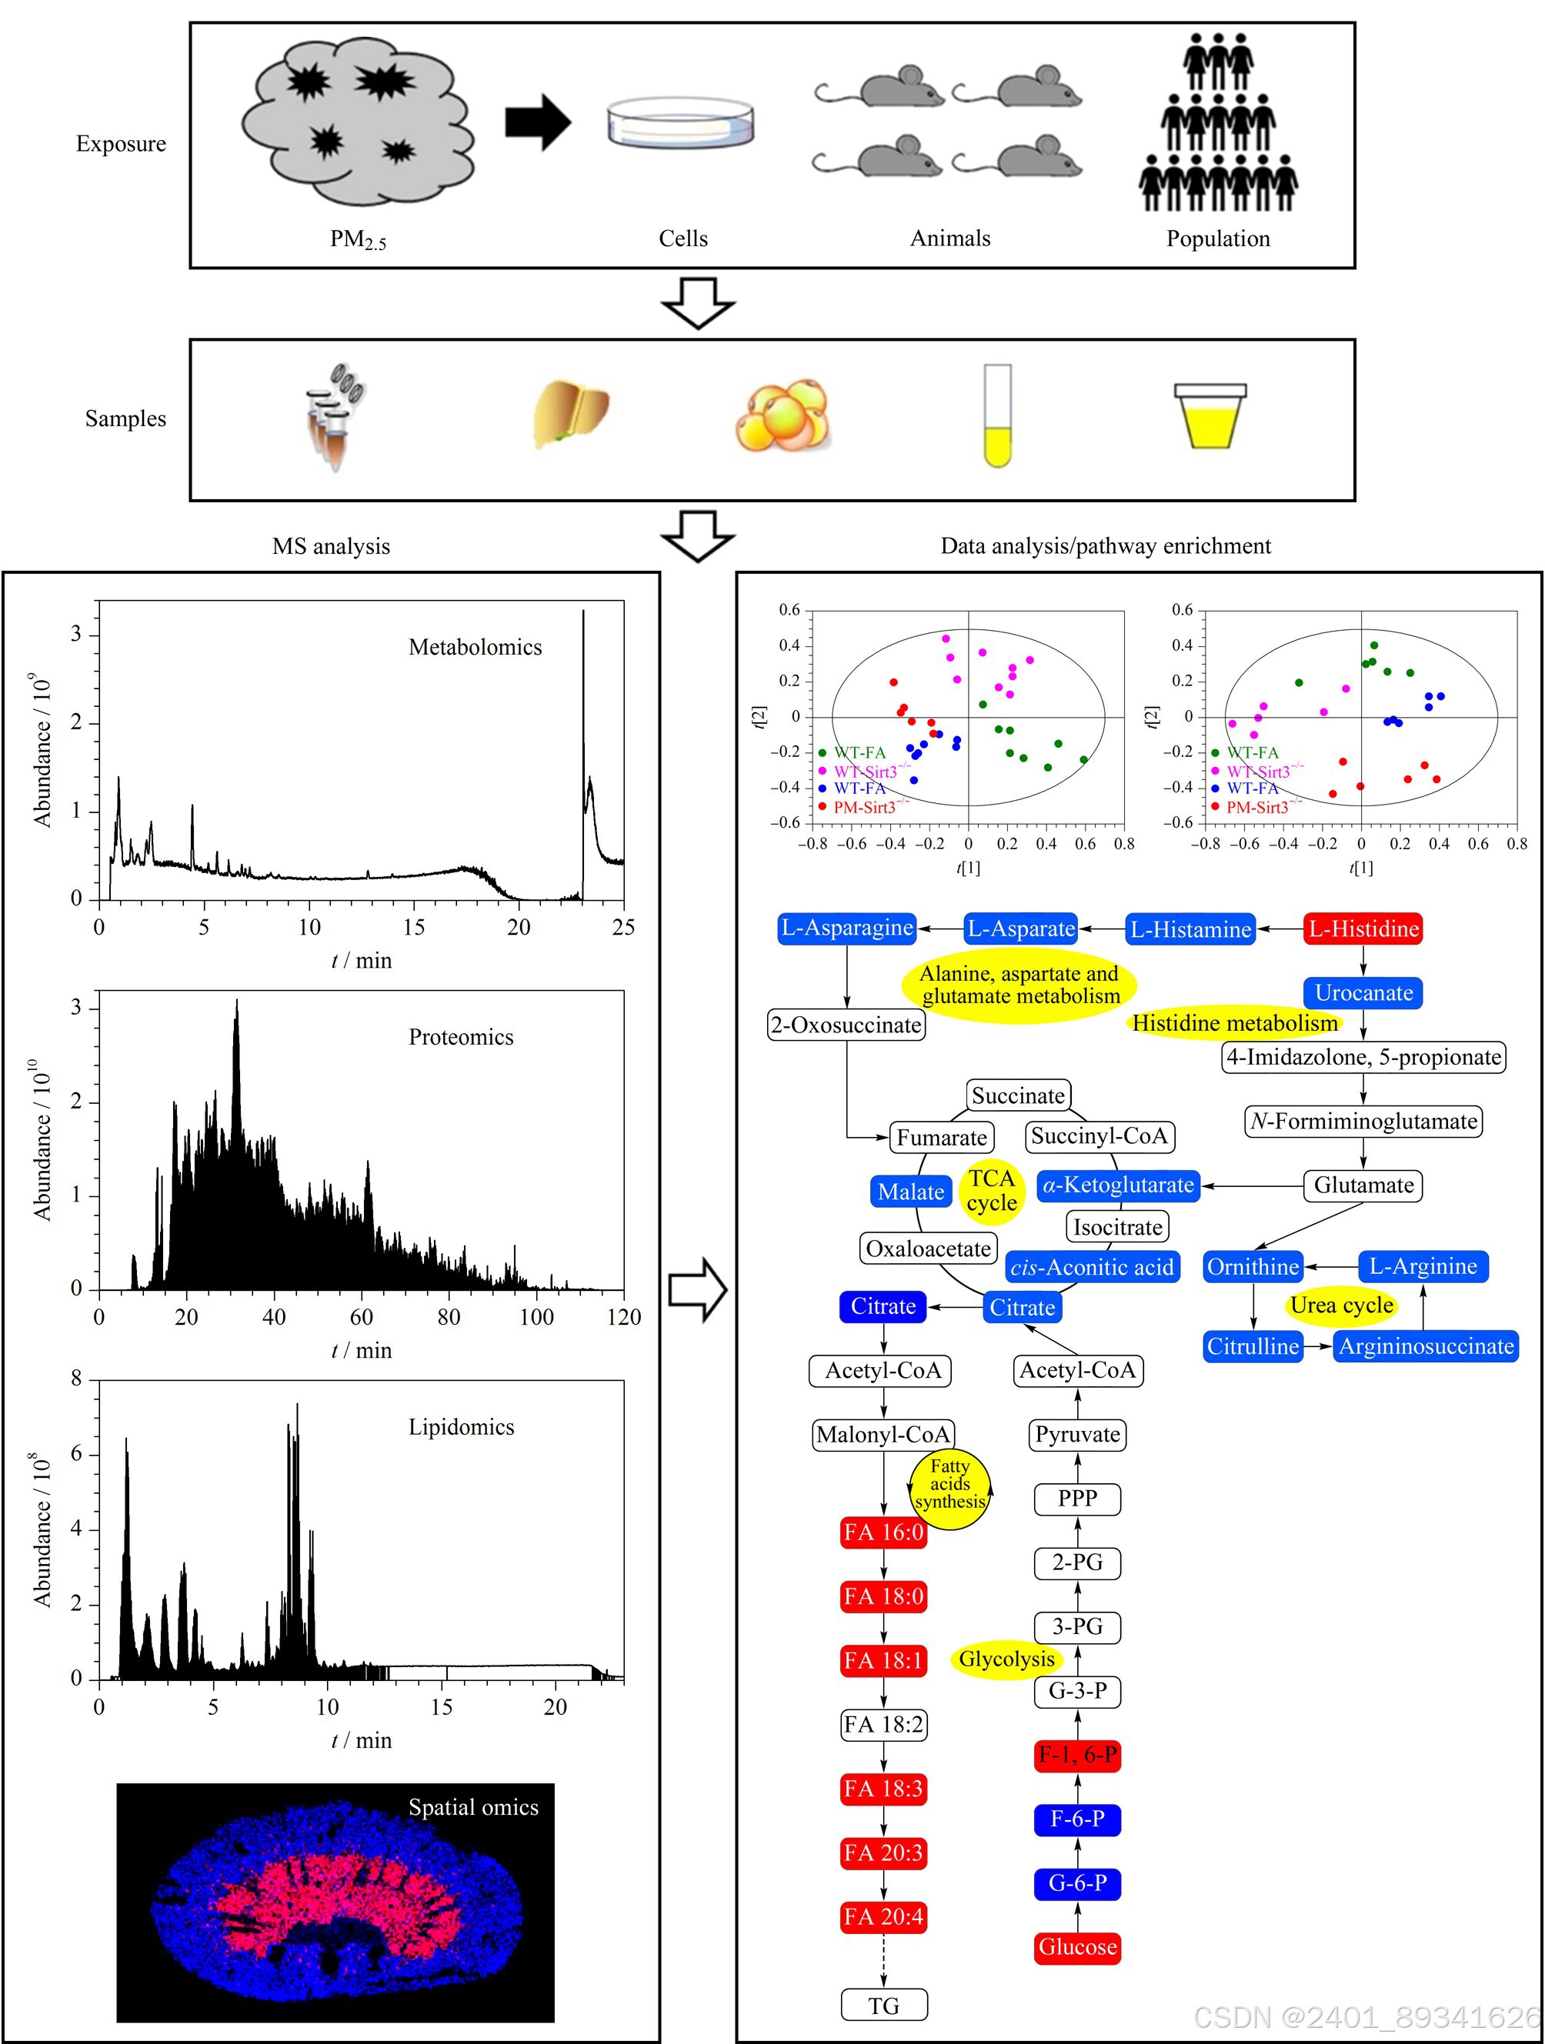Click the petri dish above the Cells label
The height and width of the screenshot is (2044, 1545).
tap(680, 125)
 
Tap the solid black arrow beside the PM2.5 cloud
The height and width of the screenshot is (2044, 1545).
tap(537, 122)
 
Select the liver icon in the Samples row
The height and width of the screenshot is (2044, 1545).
tap(571, 412)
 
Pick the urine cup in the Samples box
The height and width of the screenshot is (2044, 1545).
tap(1210, 417)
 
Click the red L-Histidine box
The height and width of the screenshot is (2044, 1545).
tap(1362, 929)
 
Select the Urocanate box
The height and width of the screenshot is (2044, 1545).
tap(1363, 992)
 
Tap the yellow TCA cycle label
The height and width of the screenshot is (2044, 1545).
tap(992, 1190)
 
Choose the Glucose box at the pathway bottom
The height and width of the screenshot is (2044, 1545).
tap(1077, 1946)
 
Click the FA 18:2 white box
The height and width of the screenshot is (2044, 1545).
tap(883, 1724)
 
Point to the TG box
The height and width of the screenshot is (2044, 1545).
tap(883, 2006)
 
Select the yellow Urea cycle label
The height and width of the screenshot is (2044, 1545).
tap(1342, 1305)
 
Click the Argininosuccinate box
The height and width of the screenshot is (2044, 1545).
tap(1426, 1346)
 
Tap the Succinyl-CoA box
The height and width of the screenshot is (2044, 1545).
tap(1099, 1135)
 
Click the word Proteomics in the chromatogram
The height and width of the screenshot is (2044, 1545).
tap(461, 1037)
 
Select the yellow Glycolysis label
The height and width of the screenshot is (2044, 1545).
tap(1006, 1659)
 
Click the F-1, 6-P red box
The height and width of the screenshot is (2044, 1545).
tap(1077, 1754)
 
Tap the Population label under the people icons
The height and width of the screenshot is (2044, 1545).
tap(1217, 238)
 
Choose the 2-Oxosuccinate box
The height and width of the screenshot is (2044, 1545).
tap(846, 1025)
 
